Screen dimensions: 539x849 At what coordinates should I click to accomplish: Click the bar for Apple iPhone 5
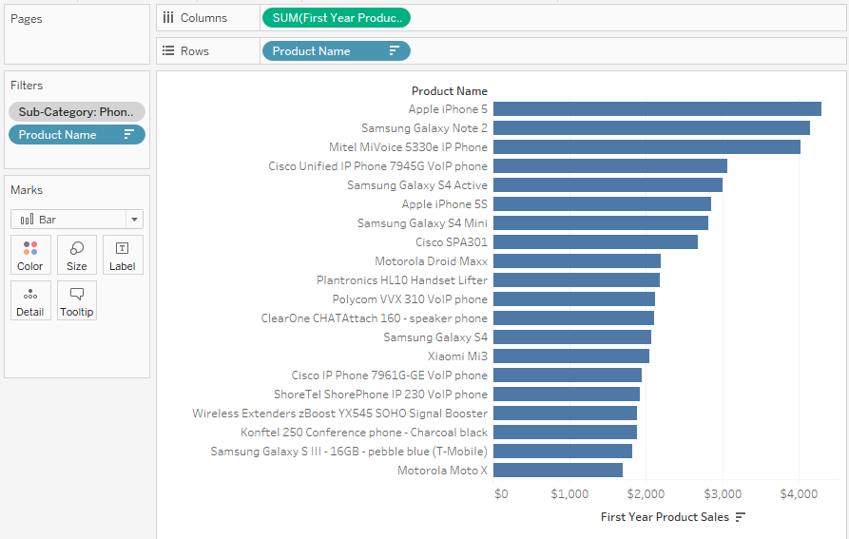click(656, 109)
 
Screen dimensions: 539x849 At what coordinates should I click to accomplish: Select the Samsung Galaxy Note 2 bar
click(651, 128)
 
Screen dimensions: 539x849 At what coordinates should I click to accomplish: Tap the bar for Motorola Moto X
click(558, 471)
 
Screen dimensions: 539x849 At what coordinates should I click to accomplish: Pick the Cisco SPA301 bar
click(595, 242)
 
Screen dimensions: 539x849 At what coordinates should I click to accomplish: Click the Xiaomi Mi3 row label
click(457, 356)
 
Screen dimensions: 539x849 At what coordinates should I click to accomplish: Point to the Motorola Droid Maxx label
click(431, 261)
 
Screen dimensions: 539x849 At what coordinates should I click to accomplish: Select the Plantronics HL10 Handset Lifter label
click(402, 280)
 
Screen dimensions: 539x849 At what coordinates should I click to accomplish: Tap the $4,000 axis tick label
click(799, 494)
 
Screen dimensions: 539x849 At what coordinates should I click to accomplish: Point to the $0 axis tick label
click(501, 494)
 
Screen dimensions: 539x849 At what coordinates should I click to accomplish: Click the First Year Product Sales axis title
click(665, 517)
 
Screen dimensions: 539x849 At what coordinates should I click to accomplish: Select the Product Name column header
click(449, 91)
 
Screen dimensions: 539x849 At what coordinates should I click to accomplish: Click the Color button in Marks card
click(30, 256)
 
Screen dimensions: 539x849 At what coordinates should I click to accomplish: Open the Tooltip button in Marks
click(77, 301)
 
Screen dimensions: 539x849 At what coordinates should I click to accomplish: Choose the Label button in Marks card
click(123, 256)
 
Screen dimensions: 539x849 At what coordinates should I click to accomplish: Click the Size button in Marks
click(77, 256)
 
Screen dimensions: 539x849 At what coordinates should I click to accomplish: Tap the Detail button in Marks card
click(30, 301)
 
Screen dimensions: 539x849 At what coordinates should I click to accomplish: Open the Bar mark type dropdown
click(77, 220)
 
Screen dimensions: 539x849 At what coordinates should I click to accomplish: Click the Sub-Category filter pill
click(77, 112)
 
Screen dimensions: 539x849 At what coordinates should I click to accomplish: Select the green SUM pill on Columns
click(336, 18)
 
